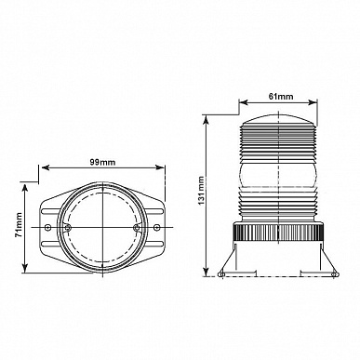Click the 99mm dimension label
pos(102,162)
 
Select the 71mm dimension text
pos(19,225)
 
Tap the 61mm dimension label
pos(281,97)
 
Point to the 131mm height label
pos(202,191)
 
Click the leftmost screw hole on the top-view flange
pos(47,227)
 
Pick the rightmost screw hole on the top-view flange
pos(157,227)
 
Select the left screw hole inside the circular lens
pos(67,228)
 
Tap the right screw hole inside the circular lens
pos(136,228)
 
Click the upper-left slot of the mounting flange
pos(49,212)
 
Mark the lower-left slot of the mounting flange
pos(49,243)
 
